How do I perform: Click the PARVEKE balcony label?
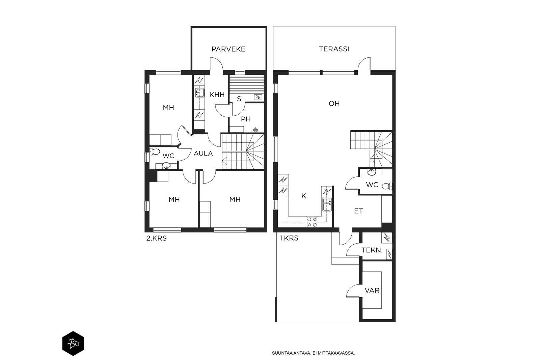point(228,49)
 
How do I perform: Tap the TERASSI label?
point(334,49)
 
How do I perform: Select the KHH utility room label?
point(217,95)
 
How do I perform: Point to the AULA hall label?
point(203,153)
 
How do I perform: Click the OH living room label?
point(334,103)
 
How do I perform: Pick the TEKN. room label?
point(372,250)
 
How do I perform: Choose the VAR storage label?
point(372,290)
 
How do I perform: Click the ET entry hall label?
point(358,211)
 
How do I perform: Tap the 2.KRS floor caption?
point(156,238)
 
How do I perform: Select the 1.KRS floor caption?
point(289,238)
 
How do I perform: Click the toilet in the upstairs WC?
point(155,151)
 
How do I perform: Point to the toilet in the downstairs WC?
point(387,186)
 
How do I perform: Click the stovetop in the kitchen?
point(312,222)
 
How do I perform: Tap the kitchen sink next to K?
point(327,205)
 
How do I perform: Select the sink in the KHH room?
point(199,93)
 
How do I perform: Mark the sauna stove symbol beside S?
point(258,98)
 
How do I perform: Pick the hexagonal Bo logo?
point(73,343)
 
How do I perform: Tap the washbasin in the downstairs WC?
point(371,172)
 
